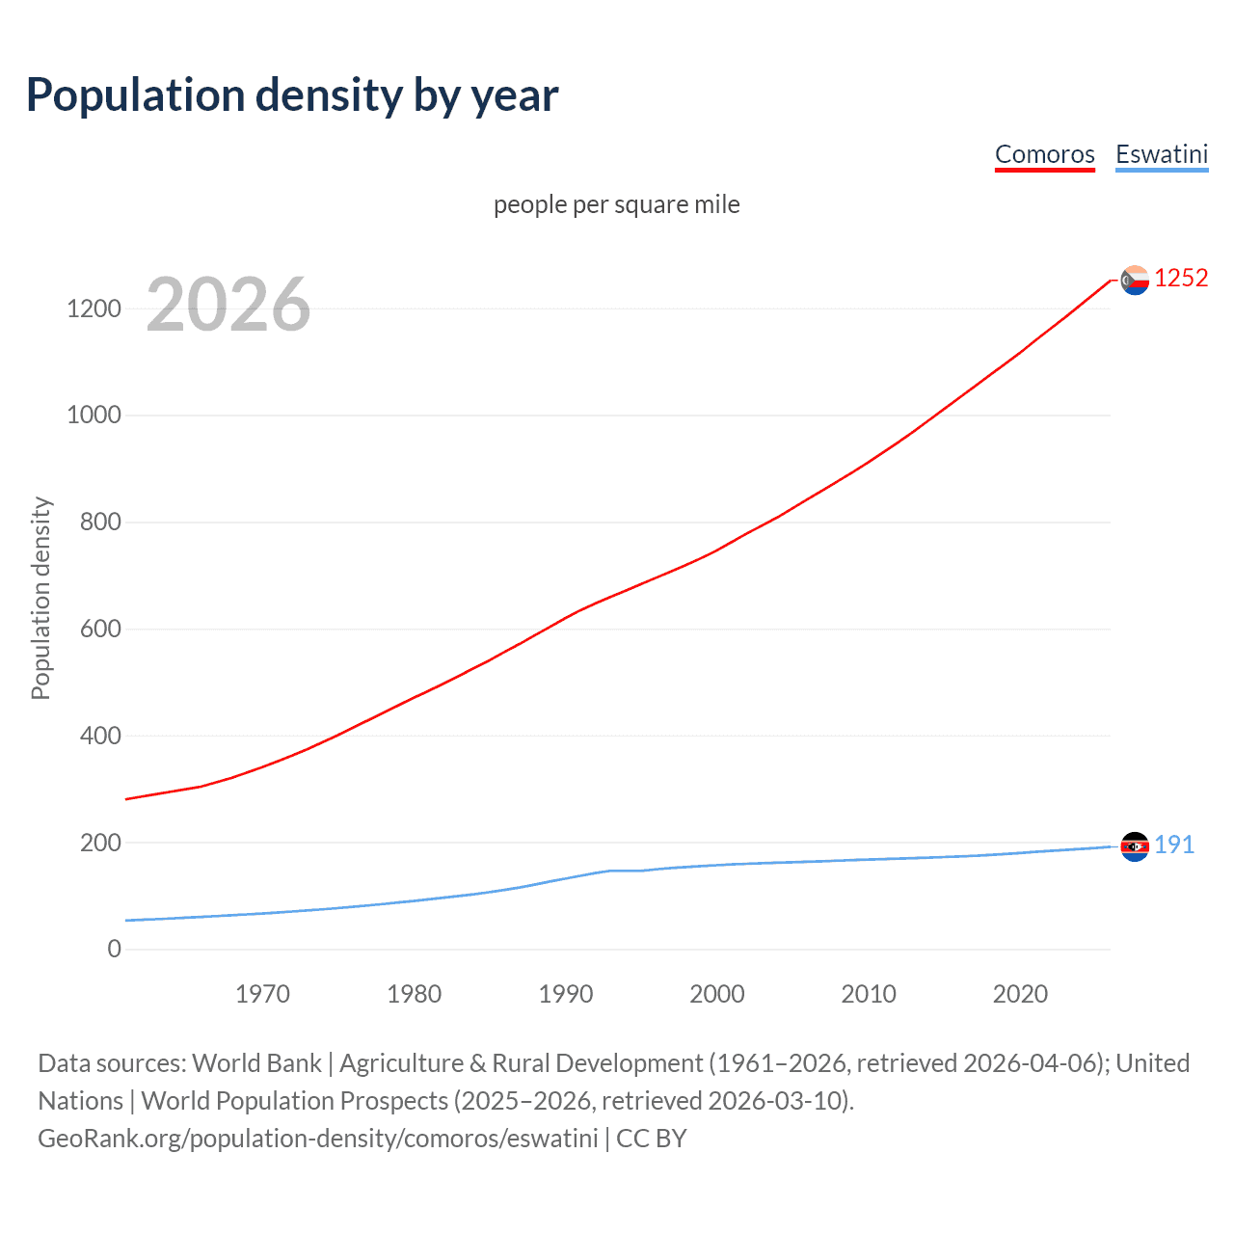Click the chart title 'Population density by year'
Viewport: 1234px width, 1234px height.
292,94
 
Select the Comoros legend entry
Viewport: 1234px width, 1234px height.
1044,154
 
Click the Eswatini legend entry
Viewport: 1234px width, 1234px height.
1161,154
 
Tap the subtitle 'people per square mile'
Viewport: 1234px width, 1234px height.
616,204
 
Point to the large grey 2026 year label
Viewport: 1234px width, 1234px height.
228,305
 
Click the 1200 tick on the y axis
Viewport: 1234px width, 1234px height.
94,308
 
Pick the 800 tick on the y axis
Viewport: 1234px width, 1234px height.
94,523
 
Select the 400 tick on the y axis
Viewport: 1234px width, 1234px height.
94,737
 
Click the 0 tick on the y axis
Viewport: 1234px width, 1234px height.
114,950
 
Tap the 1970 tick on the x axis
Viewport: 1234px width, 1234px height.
262,994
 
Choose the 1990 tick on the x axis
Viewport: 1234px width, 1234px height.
566,994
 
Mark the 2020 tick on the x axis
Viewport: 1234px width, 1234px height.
1020,994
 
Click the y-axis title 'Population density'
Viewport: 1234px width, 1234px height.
40,598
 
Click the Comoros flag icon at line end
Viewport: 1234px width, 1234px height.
1135,280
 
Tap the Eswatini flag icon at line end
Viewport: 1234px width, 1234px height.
1135,846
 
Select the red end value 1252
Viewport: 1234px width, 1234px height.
1181,278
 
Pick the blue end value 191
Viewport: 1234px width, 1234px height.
1174,845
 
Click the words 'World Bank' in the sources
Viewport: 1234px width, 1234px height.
256,1063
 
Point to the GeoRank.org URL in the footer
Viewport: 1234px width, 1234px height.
318,1139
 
